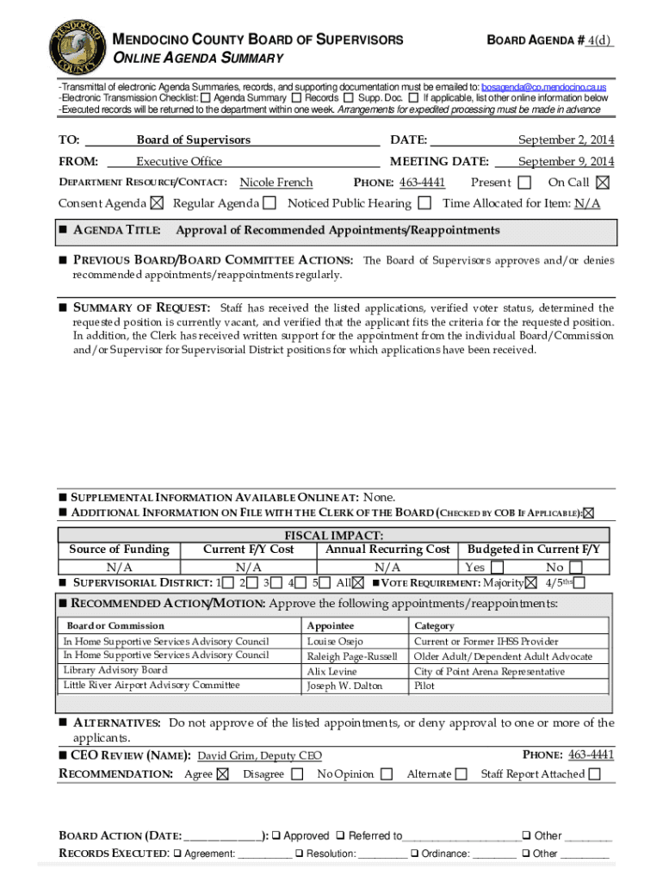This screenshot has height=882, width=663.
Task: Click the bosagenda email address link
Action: (543, 88)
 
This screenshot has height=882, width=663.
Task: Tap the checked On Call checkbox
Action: (602, 183)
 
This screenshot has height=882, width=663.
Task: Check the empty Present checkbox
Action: (526, 183)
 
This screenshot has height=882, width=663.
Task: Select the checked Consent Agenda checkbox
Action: (156, 204)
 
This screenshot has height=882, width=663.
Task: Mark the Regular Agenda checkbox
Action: (270, 204)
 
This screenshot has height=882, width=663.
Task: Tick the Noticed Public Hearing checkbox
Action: (424, 204)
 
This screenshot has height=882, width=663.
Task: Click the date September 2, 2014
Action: (566, 140)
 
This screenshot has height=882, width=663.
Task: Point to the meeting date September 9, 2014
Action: (566, 162)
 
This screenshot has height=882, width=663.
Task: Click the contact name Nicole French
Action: (276, 183)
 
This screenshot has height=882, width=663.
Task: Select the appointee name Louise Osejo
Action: (335, 642)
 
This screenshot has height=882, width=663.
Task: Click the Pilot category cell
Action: (424, 686)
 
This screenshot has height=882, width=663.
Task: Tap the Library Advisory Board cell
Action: (115, 670)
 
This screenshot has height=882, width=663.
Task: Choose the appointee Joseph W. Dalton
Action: (344, 686)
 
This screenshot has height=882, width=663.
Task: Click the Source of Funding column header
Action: (119, 550)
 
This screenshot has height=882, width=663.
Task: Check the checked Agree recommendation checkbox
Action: (223, 774)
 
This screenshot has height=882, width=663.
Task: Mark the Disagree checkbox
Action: (297, 774)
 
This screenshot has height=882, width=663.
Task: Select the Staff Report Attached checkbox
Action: (595, 774)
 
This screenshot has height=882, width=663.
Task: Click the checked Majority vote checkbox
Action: (530, 583)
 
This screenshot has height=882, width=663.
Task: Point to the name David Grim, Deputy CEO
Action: (259, 756)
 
